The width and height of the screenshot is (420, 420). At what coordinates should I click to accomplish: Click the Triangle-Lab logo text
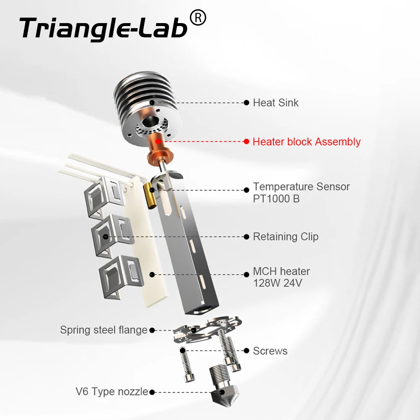tap(103, 28)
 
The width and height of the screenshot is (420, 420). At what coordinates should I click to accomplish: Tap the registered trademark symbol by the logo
tap(198, 18)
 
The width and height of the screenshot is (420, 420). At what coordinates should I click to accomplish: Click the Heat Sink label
tap(276, 102)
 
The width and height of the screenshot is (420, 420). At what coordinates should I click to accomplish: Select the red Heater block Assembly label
tap(306, 142)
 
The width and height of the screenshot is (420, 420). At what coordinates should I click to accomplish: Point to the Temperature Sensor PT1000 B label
tap(301, 192)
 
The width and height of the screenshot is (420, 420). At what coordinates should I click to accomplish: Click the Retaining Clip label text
tap(285, 236)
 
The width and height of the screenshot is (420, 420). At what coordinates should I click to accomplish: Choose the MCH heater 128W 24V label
tap(281, 277)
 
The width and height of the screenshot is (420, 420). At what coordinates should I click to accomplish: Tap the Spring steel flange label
tap(103, 330)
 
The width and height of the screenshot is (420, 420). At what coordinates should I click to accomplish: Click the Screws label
tap(270, 350)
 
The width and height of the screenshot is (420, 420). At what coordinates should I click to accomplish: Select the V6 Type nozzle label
tap(112, 392)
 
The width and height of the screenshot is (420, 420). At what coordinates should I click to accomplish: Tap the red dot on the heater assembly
tap(158, 142)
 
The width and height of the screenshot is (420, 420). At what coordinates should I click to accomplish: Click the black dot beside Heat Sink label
tap(247, 102)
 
